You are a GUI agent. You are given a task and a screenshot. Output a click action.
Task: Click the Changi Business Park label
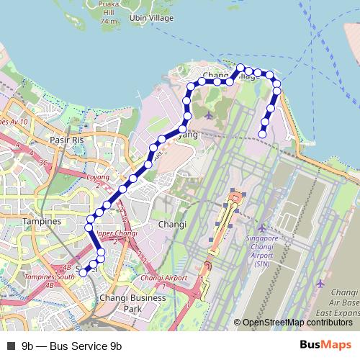click(122, 302)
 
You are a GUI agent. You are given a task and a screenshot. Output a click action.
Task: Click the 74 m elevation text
click(109, 22)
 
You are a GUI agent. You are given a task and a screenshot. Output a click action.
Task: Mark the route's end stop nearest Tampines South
click(84, 272)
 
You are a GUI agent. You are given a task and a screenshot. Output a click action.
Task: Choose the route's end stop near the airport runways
click(263, 133)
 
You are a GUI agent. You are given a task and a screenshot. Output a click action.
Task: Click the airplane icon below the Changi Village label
click(209, 114)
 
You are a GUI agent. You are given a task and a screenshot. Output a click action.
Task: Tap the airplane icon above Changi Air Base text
click(320, 283)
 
